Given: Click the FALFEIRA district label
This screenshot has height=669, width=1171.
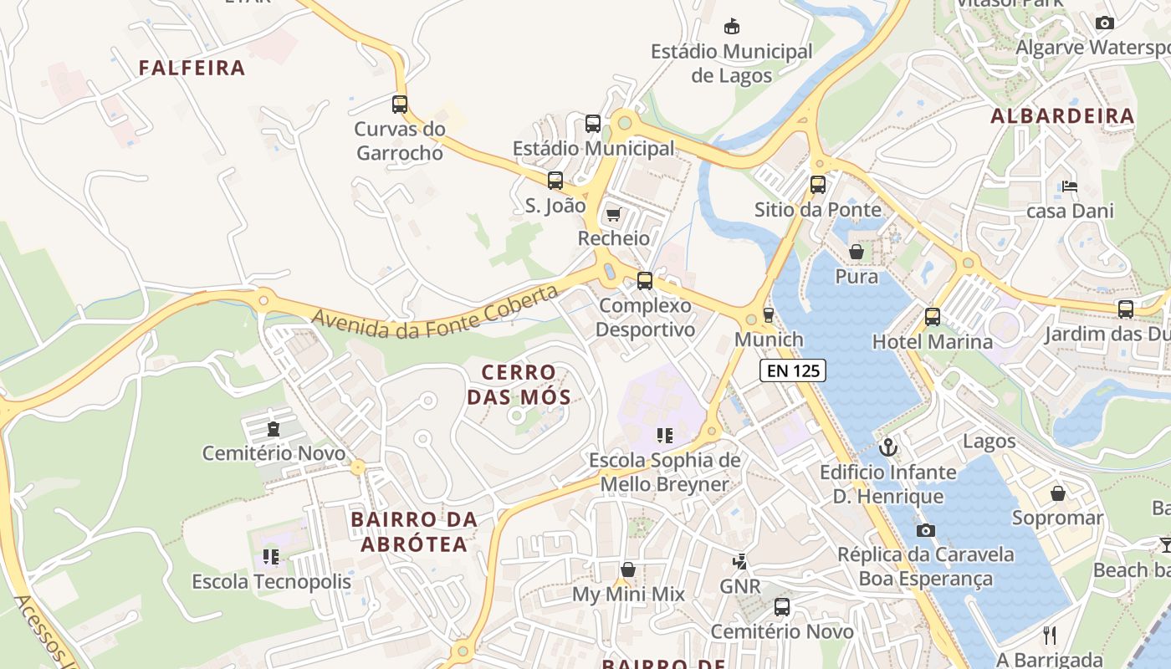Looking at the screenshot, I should [192, 68].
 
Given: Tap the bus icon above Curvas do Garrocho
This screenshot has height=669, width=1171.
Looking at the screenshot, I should [400, 105].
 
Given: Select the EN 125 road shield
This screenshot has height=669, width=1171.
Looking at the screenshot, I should [792, 370].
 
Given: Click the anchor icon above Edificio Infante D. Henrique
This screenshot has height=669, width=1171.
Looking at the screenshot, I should [887, 447].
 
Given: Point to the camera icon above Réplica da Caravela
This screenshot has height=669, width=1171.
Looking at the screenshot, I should [925, 530].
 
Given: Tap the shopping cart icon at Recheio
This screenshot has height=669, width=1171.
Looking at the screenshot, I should [613, 215].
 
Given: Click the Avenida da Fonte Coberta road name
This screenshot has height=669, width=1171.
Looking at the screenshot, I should [435, 312].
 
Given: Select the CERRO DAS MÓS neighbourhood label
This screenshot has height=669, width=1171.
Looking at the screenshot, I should [519, 385].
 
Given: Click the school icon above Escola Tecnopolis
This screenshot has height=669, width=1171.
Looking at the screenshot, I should [270, 556].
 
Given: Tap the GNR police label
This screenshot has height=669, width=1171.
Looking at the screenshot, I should [740, 586].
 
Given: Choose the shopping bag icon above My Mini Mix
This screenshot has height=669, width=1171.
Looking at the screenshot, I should [628, 569].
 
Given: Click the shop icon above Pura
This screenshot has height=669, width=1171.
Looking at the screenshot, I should [857, 252].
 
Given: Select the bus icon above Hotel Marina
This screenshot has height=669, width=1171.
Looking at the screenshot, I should [933, 317].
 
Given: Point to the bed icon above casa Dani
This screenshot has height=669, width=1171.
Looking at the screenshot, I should [1069, 186].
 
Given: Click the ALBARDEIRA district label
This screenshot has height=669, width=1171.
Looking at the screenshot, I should [1062, 116].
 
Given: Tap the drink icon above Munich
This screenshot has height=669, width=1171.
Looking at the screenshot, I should [768, 315].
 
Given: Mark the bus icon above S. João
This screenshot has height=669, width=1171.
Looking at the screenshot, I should [555, 181].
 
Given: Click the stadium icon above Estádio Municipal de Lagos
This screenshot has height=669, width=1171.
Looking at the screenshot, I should [732, 26].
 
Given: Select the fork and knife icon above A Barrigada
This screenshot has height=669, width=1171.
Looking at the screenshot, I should [1051, 635].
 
